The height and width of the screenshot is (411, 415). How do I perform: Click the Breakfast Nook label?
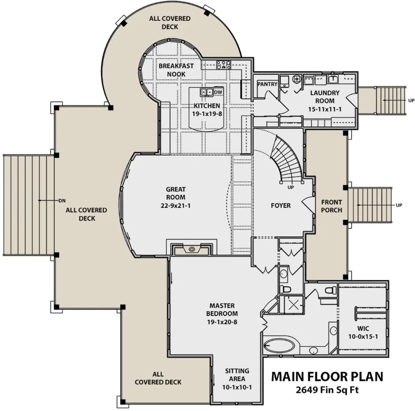[x=176, y=70]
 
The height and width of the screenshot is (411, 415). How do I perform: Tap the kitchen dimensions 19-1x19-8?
[x=207, y=114]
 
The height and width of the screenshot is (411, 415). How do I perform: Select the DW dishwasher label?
[x=218, y=92]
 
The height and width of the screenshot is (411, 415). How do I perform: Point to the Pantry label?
[x=267, y=84]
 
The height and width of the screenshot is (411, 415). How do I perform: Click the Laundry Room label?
[x=325, y=97]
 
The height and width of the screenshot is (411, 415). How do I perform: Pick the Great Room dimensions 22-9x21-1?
[x=176, y=206]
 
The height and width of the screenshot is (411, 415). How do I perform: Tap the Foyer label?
[x=280, y=206]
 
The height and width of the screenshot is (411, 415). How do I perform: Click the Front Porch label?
[x=331, y=206]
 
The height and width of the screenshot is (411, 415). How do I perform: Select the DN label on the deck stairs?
[x=62, y=201]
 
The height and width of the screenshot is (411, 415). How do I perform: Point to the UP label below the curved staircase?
[x=290, y=187]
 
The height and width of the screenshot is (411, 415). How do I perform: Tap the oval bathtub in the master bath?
[x=279, y=347]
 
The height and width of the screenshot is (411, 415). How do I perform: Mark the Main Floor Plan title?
[x=327, y=376]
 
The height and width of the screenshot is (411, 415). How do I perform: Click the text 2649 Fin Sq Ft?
[x=327, y=390]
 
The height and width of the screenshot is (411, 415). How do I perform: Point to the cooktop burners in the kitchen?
[x=223, y=65]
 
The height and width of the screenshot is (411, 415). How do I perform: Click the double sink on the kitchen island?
[x=206, y=92]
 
